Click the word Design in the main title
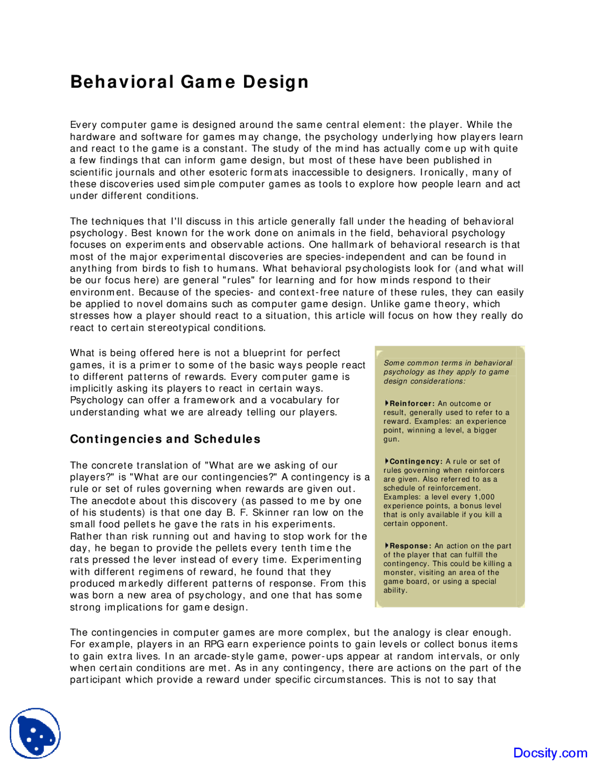(x=276, y=82)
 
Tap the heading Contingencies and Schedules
(x=165, y=439)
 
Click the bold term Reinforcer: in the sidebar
(x=412, y=404)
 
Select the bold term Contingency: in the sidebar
(x=416, y=461)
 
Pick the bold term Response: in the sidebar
(x=410, y=546)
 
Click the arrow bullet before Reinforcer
(x=386, y=403)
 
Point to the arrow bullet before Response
(x=386, y=545)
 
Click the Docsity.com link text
(x=550, y=753)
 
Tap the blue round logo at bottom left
(x=35, y=733)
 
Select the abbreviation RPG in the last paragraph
(x=214, y=644)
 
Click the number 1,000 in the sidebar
(x=484, y=497)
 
